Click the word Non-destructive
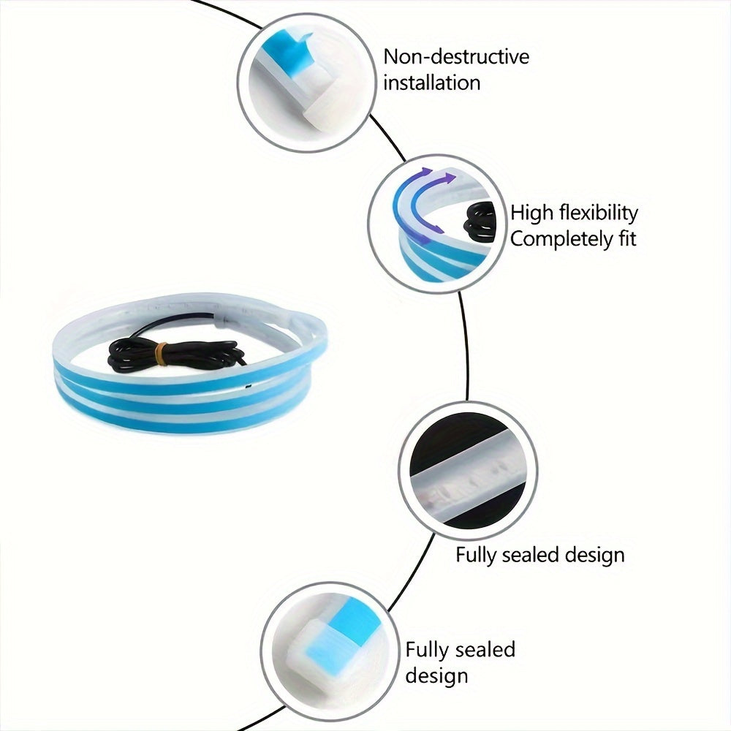456,57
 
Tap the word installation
432,83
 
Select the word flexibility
599,213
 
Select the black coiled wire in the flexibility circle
480,223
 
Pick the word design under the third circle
594,555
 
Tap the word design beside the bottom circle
436,675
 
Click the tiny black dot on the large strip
248,387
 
